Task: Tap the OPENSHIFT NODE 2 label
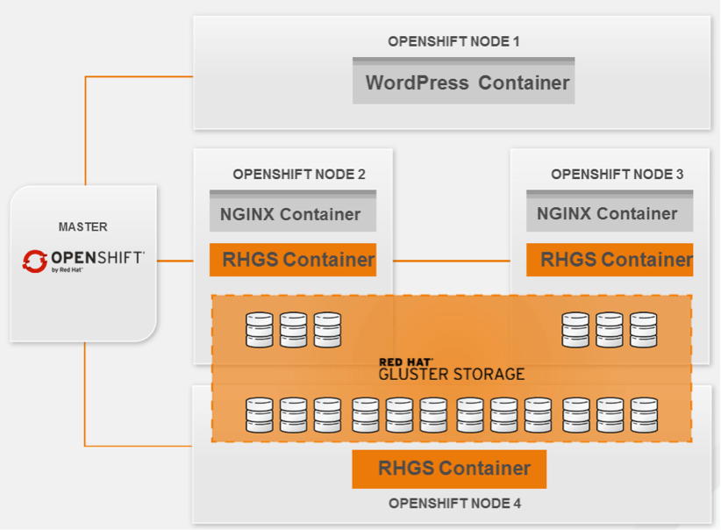click(x=299, y=174)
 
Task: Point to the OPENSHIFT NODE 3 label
click(x=617, y=174)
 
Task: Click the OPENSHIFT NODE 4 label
click(x=454, y=504)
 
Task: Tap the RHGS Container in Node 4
click(x=449, y=469)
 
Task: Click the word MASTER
click(x=83, y=226)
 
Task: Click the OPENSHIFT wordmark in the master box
click(x=96, y=257)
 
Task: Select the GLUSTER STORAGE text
click(x=451, y=374)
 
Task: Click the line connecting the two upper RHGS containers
click(x=451, y=261)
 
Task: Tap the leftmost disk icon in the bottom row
click(x=260, y=415)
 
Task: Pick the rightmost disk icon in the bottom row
click(x=643, y=415)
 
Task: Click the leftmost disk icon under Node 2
click(x=260, y=330)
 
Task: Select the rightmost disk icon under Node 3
click(x=643, y=330)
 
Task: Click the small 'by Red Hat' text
click(x=68, y=270)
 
